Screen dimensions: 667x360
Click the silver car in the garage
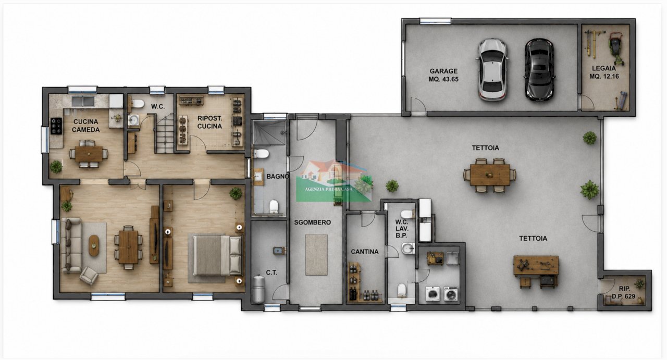492,70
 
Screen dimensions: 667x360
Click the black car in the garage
539,70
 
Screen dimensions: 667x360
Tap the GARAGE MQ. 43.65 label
443,75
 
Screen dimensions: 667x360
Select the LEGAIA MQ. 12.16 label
604,72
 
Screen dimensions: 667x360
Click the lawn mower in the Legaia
616,48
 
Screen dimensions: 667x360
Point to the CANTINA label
364,252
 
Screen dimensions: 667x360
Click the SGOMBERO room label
312,222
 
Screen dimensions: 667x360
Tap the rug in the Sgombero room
316,255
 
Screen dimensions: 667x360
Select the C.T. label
271,272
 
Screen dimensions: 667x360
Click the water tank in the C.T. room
258,289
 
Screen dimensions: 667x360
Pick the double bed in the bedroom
218,255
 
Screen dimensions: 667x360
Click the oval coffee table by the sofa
94,245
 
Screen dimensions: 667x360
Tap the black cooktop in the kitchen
56,126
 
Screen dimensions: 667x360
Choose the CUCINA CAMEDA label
86,126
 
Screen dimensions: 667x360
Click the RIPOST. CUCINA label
209,122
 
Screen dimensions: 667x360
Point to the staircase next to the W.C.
165,133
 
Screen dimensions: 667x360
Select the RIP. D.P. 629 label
624,292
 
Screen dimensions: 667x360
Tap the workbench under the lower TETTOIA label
536,266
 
